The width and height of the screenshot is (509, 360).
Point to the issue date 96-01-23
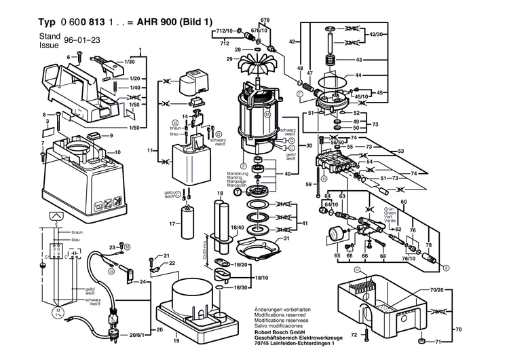click(x=79, y=40)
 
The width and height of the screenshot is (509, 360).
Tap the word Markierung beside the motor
click(x=229, y=175)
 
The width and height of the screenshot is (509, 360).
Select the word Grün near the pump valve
click(x=389, y=209)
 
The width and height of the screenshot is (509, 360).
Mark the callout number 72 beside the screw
click(x=353, y=336)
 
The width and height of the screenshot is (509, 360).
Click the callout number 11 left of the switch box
click(x=151, y=148)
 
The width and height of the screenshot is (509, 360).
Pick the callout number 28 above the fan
click(x=238, y=50)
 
